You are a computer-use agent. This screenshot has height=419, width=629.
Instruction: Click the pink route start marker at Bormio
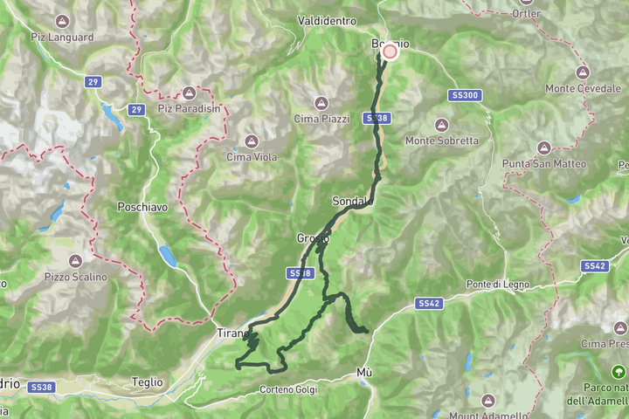point(390,52)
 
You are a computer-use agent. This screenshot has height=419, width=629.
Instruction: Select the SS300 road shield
point(467,95)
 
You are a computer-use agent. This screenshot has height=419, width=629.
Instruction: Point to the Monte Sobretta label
point(442,141)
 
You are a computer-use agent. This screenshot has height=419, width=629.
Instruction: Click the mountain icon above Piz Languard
point(62,20)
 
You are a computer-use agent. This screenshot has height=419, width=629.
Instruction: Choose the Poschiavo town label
point(142,208)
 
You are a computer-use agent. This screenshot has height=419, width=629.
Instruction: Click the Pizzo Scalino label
point(77,277)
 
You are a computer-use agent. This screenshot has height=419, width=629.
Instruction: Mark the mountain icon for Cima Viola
point(251,141)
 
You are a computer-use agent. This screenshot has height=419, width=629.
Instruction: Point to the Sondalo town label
point(353,202)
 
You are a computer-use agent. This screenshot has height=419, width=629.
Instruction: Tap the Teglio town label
point(147,381)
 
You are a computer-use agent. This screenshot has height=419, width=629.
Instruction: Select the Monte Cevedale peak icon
point(583,72)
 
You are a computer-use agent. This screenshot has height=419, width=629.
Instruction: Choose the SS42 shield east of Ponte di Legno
point(594,265)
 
